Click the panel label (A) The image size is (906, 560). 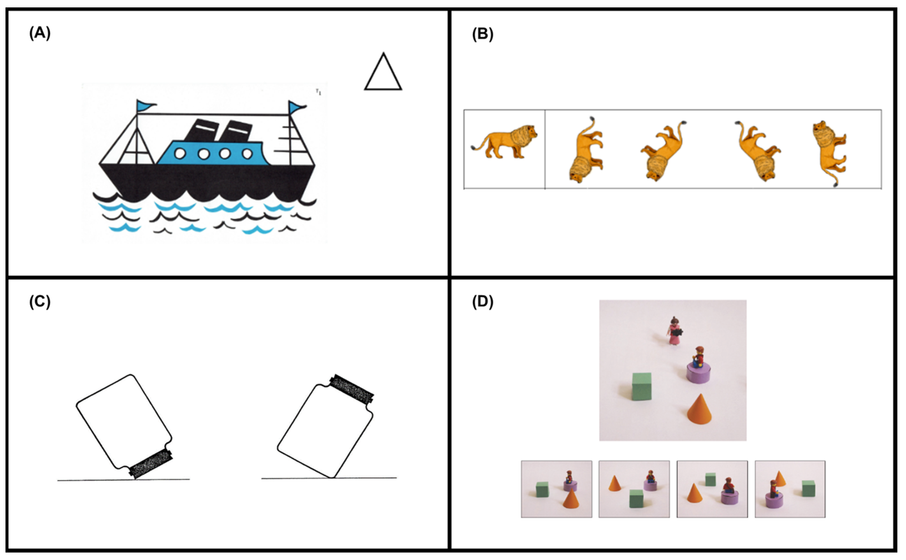click(x=40, y=33)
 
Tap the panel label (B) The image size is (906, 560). click(x=482, y=34)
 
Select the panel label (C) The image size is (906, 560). click(x=40, y=302)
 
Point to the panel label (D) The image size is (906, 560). click(x=482, y=302)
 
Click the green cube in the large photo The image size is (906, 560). click(x=641, y=386)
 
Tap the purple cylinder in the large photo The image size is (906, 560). click(x=698, y=373)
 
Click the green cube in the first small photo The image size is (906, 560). click(x=542, y=489)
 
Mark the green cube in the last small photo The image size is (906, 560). click(x=808, y=488)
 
